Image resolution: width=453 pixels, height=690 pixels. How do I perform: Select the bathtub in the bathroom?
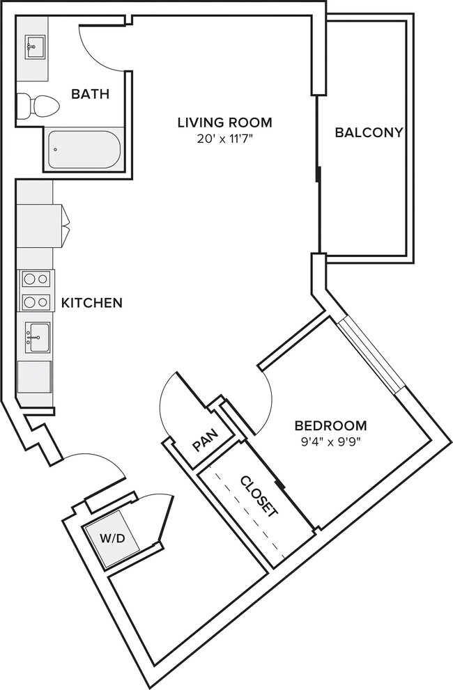[x=84, y=150]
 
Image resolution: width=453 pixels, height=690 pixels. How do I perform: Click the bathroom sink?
[x=32, y=49]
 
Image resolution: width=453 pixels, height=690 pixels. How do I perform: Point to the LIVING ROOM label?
[x=224, y=123]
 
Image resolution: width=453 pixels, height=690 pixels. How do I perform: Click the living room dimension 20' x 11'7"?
[x=224, y=139]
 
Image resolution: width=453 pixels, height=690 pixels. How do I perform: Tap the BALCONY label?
[x=369, y=132]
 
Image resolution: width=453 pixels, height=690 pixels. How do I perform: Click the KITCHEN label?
[x=92, y=303]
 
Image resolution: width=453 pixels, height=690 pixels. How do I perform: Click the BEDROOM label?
[x=330, y=425]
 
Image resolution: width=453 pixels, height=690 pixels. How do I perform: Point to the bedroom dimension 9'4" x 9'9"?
[x=330, y=440]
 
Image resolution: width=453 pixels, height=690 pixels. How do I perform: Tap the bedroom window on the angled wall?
[x=373, y=355]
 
